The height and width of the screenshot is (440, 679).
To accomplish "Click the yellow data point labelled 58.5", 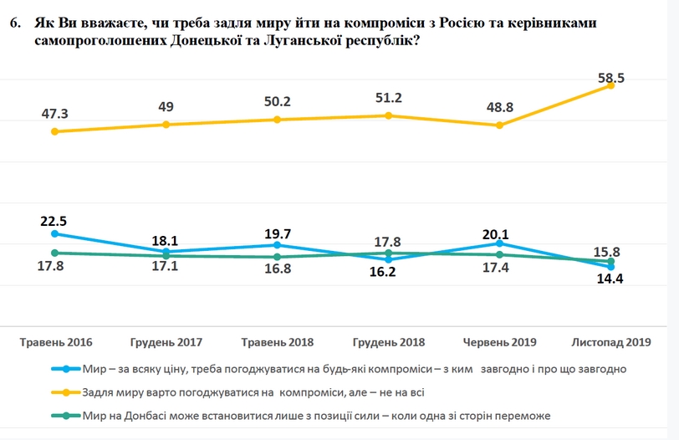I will [x=611, y=85].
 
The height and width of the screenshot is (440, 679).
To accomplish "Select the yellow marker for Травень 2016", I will [x=55, y=131].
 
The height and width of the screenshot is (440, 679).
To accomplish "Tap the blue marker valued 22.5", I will [x=55, y=234].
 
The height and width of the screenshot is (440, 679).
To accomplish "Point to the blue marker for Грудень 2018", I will [x=389, y=259].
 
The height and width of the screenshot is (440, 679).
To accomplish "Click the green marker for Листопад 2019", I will [x=611, y=261].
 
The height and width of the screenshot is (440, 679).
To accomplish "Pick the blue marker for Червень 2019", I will [x=500, y=243].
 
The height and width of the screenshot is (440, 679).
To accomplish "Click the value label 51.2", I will [x=389, y=98].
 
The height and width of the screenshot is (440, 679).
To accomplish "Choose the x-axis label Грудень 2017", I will [x=166, y=342].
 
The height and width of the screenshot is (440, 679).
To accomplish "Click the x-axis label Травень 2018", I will [x=277, y=342].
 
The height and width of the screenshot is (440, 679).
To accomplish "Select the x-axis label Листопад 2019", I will [x=610, y=342].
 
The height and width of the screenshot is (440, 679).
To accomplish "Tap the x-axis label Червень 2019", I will [x=500, y=342].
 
